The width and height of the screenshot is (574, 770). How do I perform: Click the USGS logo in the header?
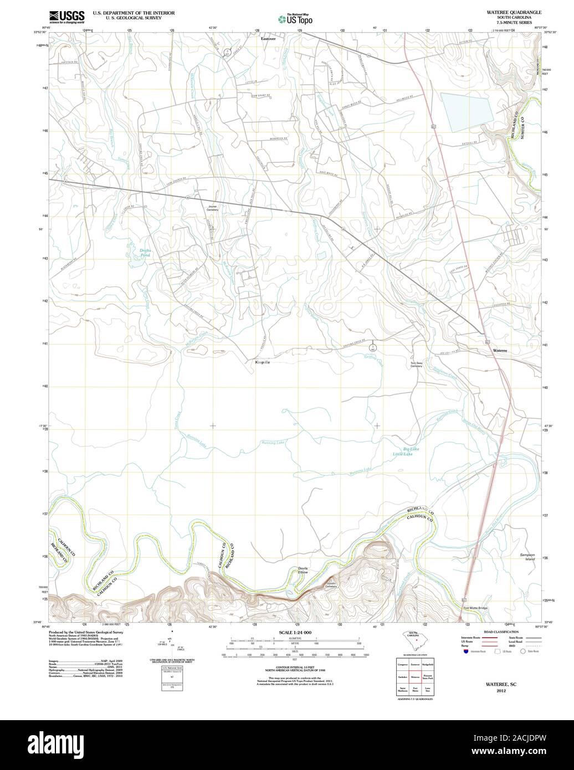66,15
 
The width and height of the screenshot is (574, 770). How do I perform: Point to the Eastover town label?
268,39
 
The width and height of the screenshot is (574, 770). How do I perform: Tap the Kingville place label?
262,362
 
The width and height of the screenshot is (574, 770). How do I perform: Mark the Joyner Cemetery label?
212,208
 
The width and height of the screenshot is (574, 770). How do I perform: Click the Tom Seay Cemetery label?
416,365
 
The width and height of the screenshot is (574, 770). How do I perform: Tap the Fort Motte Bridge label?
475,608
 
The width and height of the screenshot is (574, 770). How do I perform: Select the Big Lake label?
411,449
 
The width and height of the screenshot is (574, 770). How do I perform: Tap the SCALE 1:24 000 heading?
296,632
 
